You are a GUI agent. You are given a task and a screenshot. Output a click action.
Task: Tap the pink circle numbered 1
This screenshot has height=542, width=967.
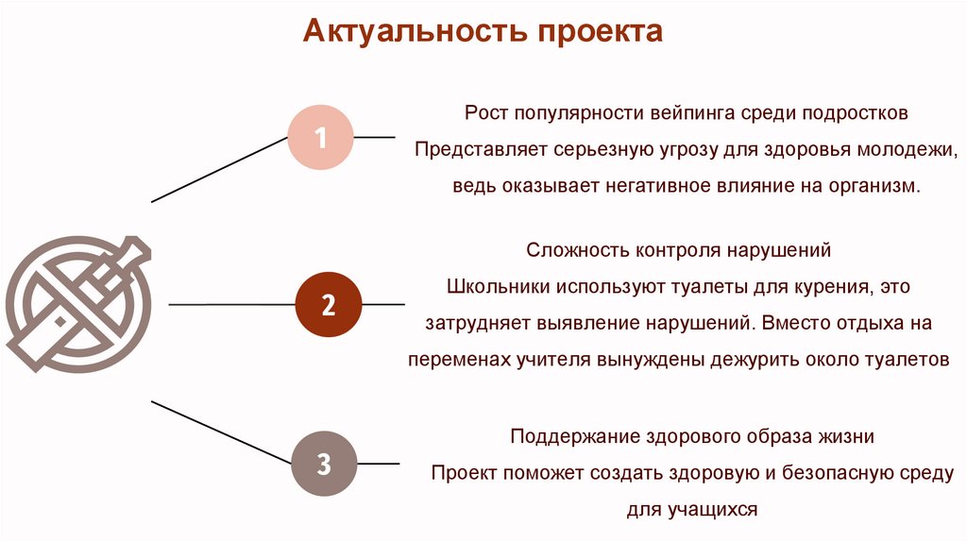point(320,138)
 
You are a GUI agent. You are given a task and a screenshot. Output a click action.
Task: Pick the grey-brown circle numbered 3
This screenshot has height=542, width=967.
point(322,464)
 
